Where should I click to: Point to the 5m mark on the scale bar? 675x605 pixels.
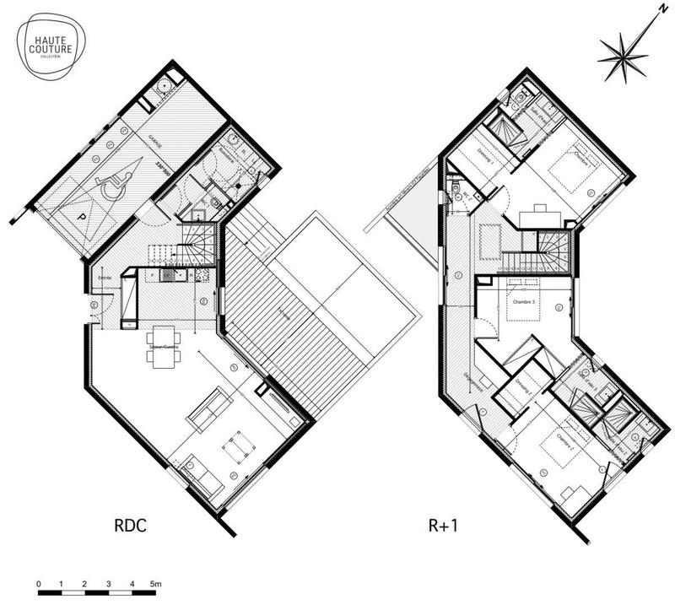point(156,583)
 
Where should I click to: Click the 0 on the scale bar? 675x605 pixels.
point(40,583)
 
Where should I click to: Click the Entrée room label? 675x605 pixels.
point(106,278)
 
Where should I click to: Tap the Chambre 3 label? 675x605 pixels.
point(516,299)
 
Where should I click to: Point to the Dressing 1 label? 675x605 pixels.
point(483,152)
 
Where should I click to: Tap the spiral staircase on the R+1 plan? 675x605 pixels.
point(553,246)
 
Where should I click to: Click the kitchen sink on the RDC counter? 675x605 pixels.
point(168,275)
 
